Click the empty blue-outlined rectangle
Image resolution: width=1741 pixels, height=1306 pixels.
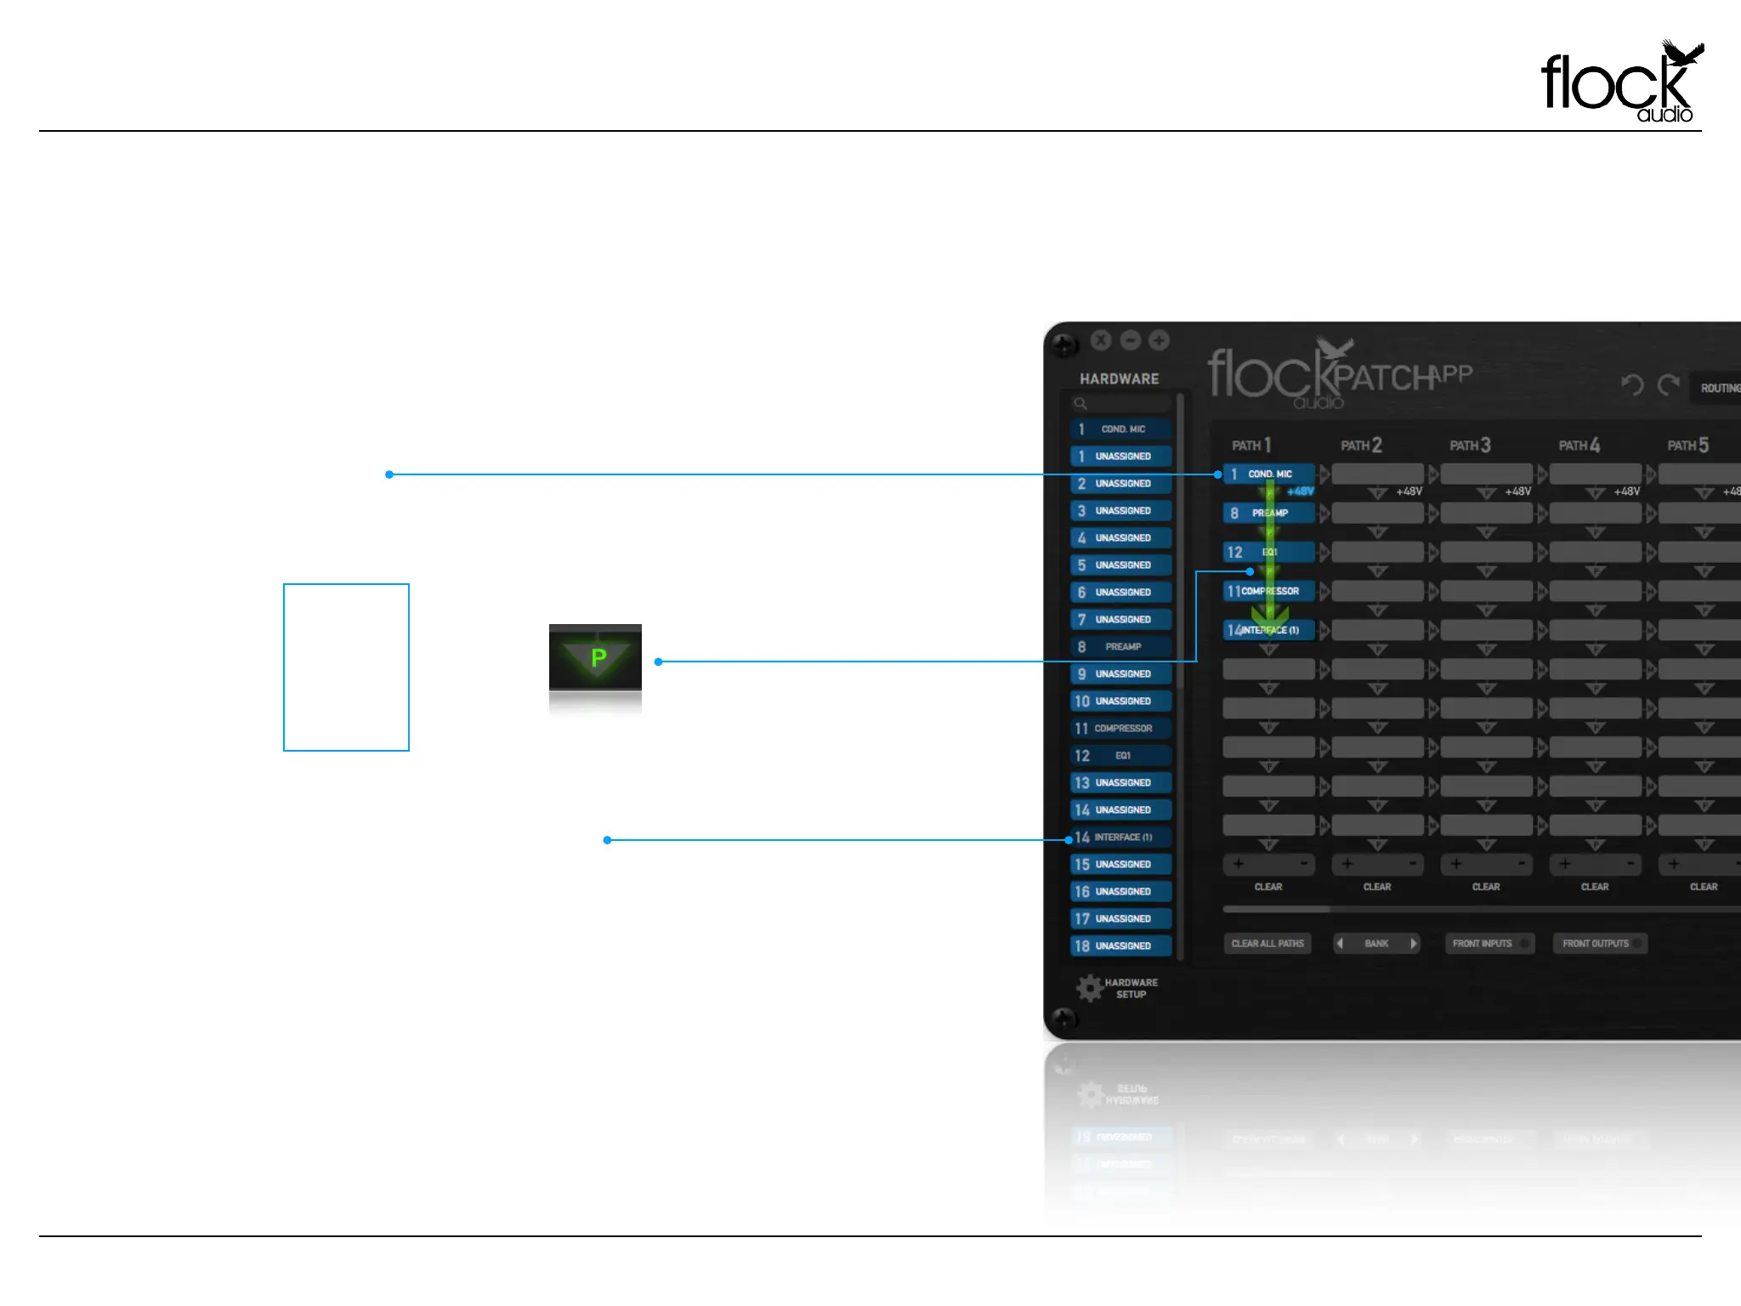tap(346, 667)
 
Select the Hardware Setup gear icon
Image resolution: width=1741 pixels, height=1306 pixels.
tap(1090, 988)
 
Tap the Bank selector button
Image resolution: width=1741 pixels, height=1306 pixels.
tap(1376, 943)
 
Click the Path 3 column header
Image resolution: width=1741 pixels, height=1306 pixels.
tap(1470, 446)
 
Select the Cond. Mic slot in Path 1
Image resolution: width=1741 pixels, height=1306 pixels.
tap(1268, 474)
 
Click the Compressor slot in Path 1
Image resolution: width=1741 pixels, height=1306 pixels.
tap(1268, 591)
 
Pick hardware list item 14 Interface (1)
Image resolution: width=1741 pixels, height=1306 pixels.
tap(1120, 838)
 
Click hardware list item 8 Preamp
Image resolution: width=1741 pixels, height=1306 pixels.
tap(1120, 647)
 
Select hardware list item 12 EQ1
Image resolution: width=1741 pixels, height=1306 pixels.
tap(1120, 756)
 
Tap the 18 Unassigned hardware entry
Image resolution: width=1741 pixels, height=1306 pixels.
tap(1120, 945)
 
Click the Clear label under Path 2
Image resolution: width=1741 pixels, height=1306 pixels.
tap(1377, 887)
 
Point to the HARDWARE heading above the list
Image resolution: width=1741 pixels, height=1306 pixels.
tap(1119, 379)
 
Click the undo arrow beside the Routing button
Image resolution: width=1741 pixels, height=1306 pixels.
tap(1632, 385)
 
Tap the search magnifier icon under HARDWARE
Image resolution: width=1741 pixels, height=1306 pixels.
tap(1080, 404)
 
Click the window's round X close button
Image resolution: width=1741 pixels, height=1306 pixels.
tap(1101, 340)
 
